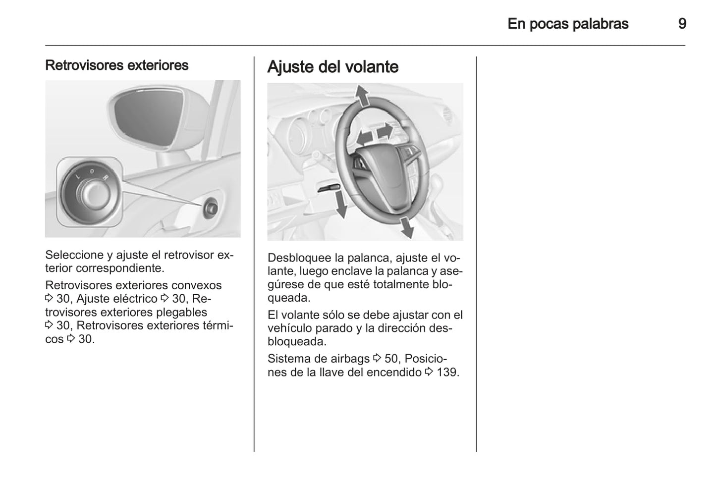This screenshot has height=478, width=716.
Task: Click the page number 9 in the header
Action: [682, 24]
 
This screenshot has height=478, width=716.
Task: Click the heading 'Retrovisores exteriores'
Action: [116, 65]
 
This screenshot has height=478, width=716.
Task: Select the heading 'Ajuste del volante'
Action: [333, 67]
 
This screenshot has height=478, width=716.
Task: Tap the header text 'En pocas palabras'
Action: [568, 24]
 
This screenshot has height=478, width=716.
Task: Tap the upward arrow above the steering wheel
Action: [363, 95]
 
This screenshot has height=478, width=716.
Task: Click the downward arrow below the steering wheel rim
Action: [407, 227]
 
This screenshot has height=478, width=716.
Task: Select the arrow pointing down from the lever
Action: [341, 205]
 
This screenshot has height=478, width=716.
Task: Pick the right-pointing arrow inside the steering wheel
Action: [385, 131]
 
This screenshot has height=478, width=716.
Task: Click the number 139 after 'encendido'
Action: [447, 372]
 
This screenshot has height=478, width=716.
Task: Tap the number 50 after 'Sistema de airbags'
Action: [391, 359]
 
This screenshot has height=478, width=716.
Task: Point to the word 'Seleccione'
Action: [74, 255]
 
